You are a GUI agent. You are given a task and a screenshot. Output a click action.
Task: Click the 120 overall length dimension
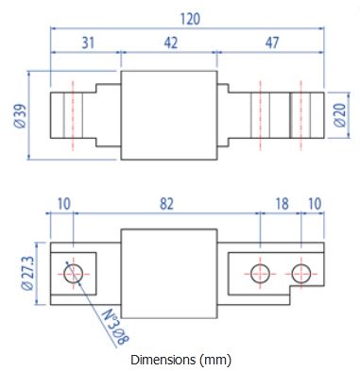click(x=190, y=19)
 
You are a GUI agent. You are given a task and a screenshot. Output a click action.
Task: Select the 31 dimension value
click(x=88, y=42)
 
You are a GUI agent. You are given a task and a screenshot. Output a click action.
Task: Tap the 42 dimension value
click(x=171, y=42)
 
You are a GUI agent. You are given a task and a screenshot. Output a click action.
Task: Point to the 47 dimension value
click(x=272, y=42)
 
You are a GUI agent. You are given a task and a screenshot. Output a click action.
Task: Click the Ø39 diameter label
click(x=20, y=116)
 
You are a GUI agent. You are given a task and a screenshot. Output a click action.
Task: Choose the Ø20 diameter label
click(x=340, y=115)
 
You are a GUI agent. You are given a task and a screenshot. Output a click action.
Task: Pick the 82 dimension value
click(x=166, y=204)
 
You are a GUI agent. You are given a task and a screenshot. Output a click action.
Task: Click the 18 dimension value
click(x=282, y=204)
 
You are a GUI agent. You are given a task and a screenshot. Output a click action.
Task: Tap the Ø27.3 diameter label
click(x=27, y=273)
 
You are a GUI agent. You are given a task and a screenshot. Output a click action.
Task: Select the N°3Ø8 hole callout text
click(x=116, y=327)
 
